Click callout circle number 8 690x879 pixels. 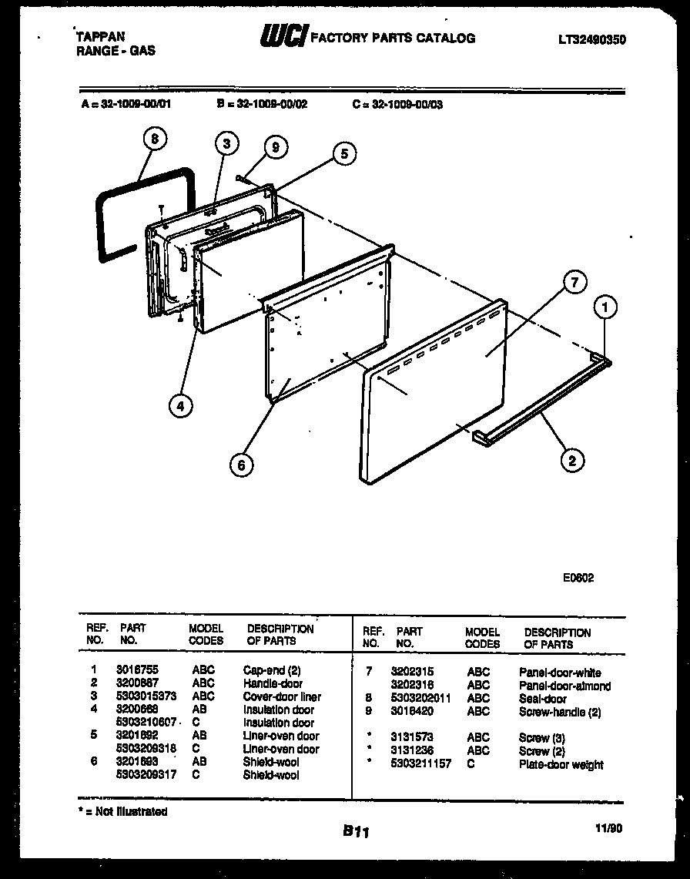155,139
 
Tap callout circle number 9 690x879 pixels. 275,146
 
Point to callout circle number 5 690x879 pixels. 344,154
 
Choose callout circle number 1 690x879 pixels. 605,308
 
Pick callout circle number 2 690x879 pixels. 571,461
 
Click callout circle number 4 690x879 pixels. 180,407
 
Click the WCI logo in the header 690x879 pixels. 284,36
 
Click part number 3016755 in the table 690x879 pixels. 137,670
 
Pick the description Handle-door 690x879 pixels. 273,683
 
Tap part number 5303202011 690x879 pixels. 419,699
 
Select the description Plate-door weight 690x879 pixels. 561,764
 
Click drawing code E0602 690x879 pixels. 578,577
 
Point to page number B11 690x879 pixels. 356,831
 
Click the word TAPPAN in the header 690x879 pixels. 100,36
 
